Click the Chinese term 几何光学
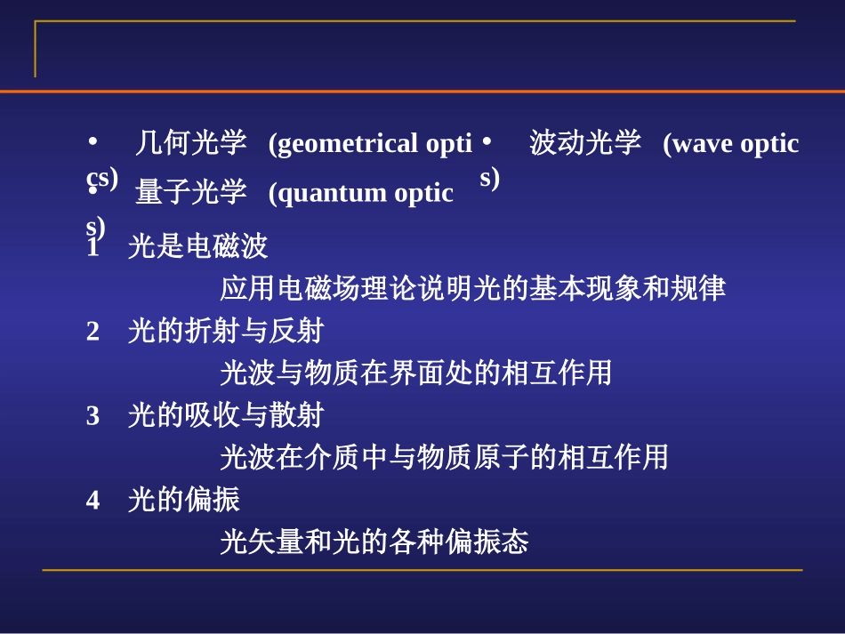tap(190, 143)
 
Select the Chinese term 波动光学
tap(585, 143)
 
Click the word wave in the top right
tap(699, 143)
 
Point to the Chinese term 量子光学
tap(190, 192)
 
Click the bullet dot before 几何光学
tap(93, 141)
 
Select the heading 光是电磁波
tap(197, 246)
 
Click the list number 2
tap(93, 332)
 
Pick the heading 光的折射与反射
tap(225, 332)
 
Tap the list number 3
tap(93, 415)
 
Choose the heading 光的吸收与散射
tap(225, 415)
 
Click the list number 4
tap(93, 500)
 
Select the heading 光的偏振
tap(183, 500)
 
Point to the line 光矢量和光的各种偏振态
tap(374, 542)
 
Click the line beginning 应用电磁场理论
tap(472, 289)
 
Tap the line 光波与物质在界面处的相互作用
tap(415, 373)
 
